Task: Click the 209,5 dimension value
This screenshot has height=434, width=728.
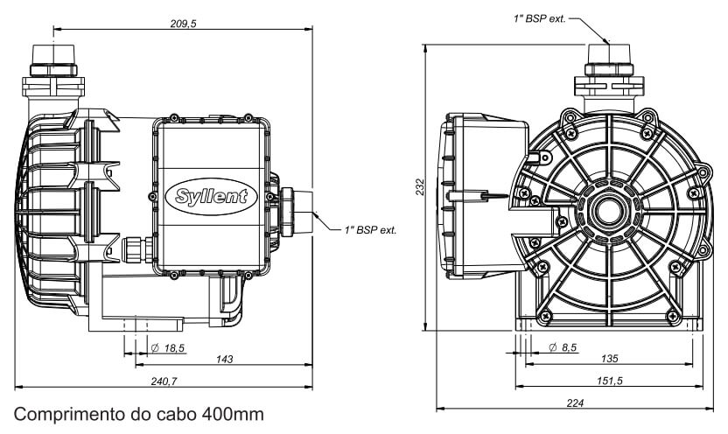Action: tap(183, 24)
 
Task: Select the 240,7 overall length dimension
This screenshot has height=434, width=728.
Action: tap(164, 381)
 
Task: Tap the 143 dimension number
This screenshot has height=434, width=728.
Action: tap(224, 359)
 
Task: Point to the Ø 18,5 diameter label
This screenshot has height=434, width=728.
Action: tap(168, 347)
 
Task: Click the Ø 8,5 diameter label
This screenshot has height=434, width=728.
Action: tap(563, 347)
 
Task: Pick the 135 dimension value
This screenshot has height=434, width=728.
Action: tap(609, 359)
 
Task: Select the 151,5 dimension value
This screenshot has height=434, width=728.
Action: tap(609, 381)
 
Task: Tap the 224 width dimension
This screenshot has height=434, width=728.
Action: tap(575, 402)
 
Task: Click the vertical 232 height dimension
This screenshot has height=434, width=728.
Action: tap(420, 186)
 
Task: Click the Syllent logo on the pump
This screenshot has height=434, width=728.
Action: tap(212, 196)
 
